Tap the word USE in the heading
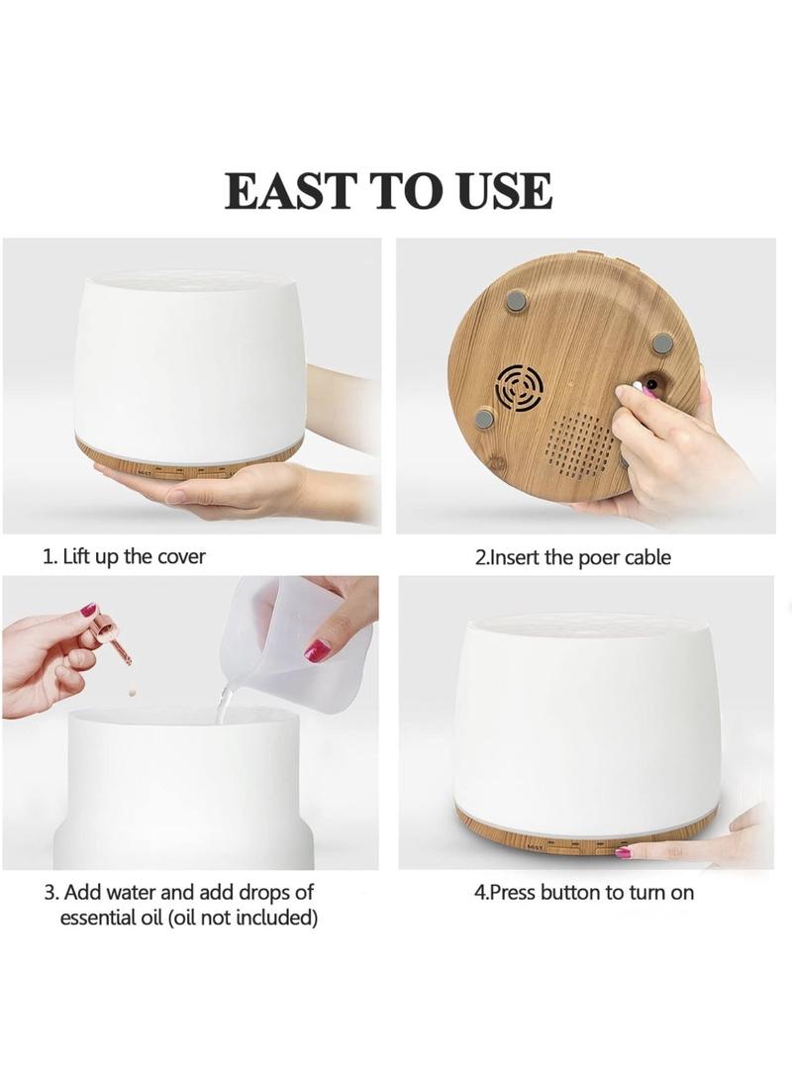coord(505,190)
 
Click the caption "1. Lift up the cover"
coord(124,556)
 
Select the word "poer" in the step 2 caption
coord(599,558)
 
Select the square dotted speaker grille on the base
coord(581,448)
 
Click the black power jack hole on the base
coord(652,385)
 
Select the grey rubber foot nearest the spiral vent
coord(486,420)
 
